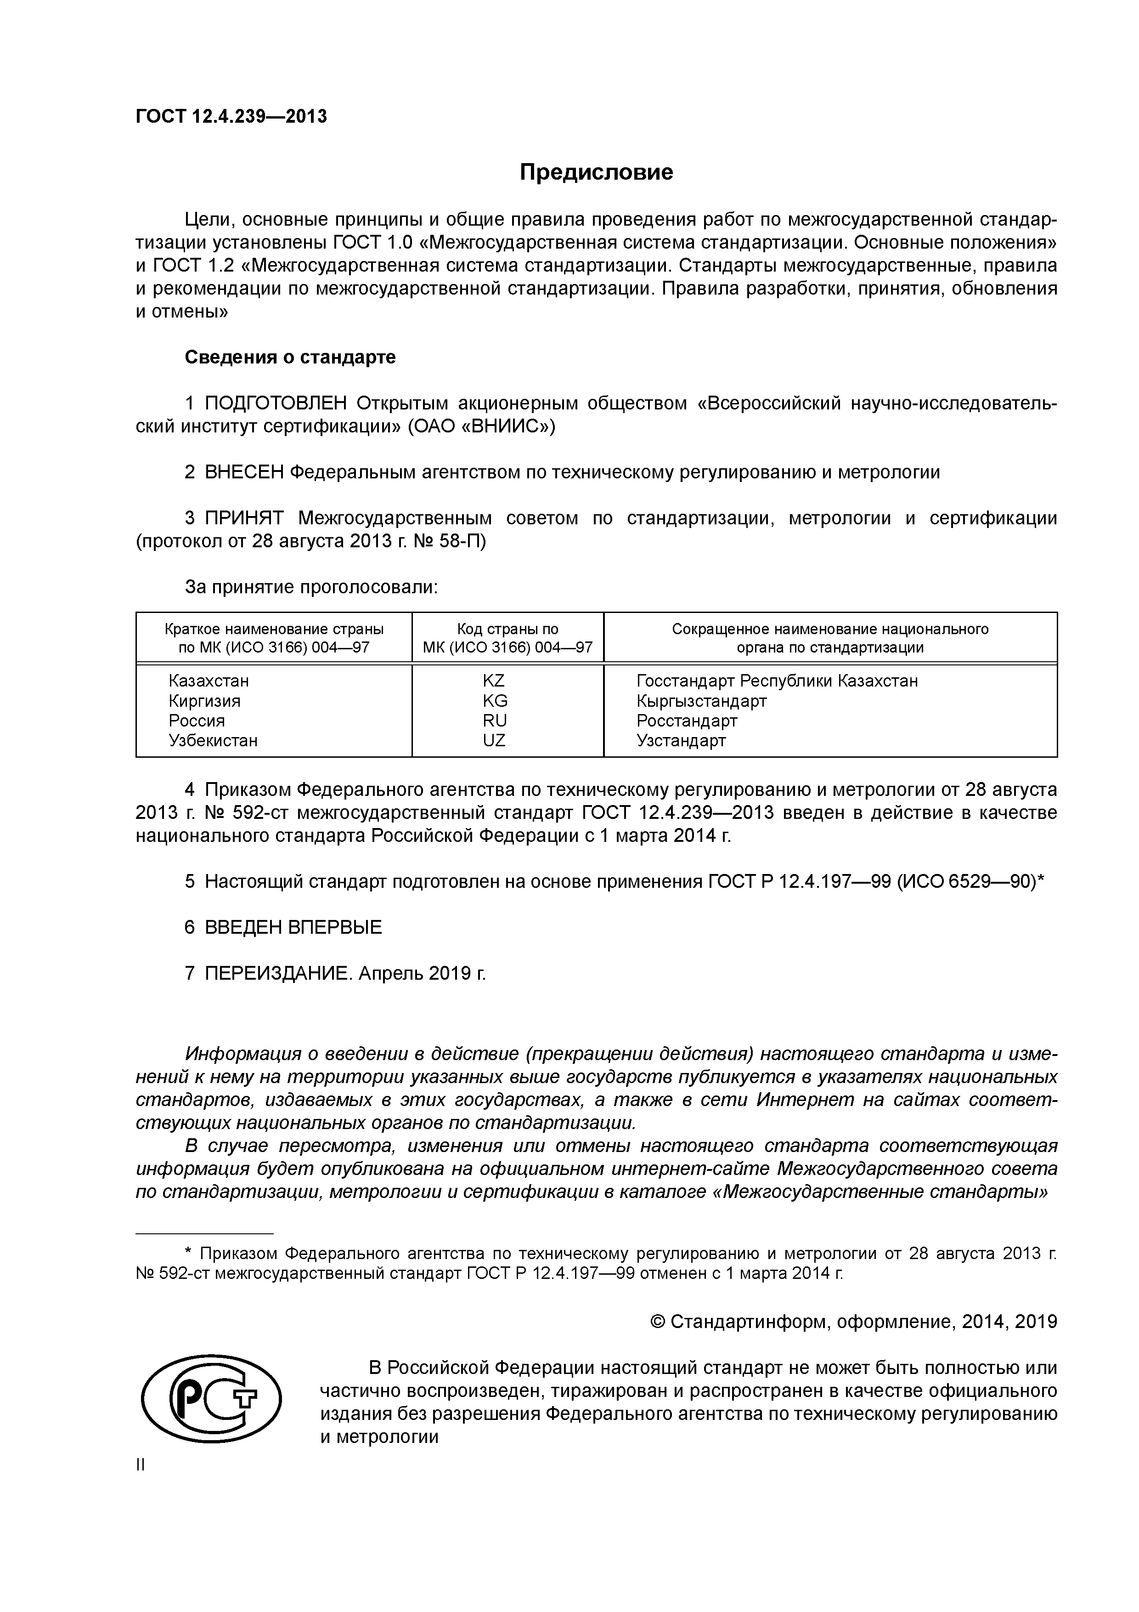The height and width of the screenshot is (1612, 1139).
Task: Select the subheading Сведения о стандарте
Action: [x=290, y=358]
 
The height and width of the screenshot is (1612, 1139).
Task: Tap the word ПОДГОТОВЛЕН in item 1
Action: [x=276, y=404]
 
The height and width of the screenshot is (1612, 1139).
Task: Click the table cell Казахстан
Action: [x=209, y=681]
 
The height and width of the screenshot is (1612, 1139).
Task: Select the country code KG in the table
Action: [x=494, y=701]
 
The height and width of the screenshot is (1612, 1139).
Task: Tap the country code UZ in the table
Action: [x=494, y=740]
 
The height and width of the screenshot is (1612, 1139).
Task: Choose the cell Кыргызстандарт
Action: [x=701, y=701]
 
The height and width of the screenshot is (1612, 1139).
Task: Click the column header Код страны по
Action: [x=507, y=629]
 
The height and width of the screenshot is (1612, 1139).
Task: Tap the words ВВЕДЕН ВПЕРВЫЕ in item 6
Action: [x=293, y=927]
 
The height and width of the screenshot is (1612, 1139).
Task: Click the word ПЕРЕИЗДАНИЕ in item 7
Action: [x=279, y=973]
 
